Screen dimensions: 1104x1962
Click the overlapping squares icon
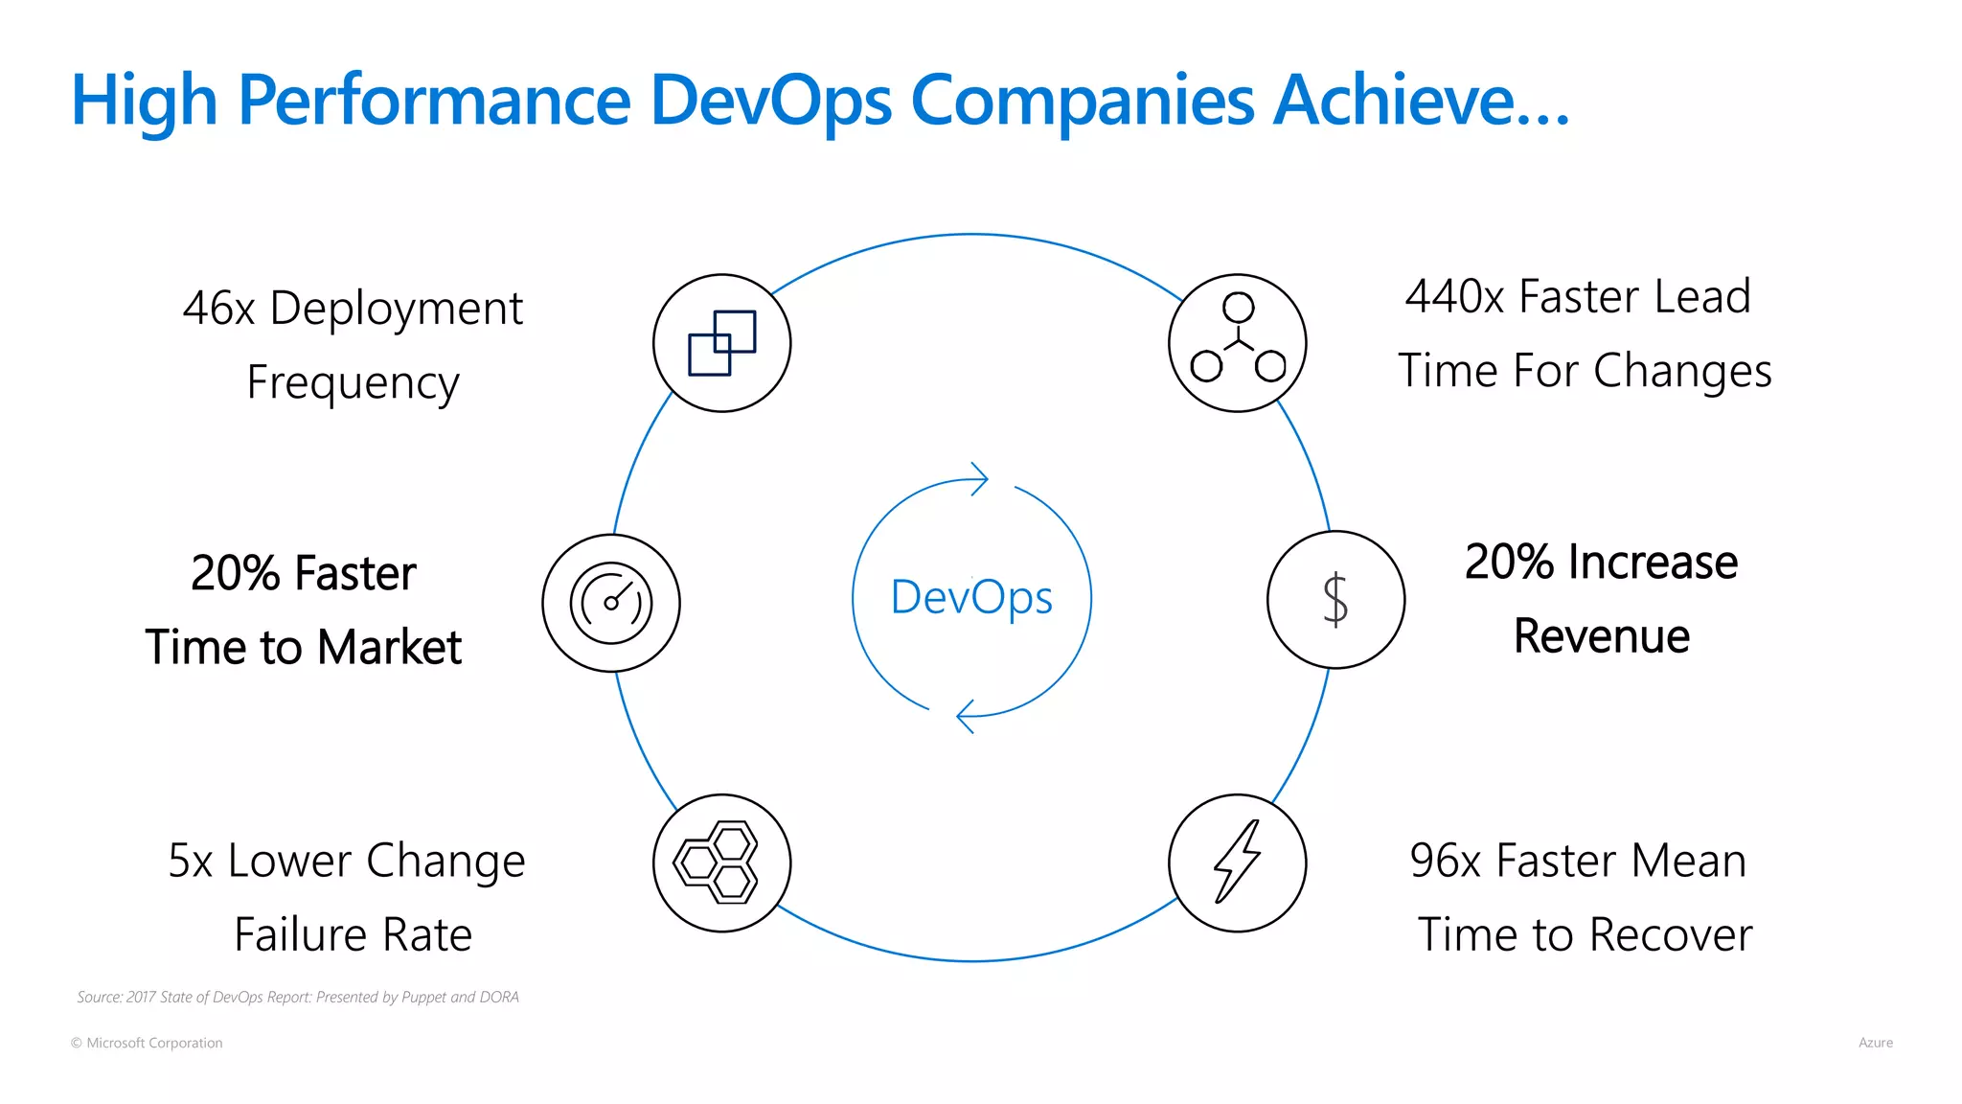[722, 343]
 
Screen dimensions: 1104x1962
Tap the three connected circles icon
[1238, 340]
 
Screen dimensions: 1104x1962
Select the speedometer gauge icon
[611, 603]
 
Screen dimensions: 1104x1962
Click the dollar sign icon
[1335, 600]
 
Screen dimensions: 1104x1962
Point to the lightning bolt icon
[1237, 862]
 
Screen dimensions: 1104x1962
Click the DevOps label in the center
[971, 597]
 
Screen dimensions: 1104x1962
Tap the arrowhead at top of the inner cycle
[979, 478]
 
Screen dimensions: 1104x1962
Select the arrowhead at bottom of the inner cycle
[966, 716]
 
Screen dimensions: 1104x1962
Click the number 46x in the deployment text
[218, 309]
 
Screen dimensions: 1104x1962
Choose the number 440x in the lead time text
[1454, 297]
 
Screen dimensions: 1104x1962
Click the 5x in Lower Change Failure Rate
[190, 861]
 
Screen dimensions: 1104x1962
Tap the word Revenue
[1602, 636]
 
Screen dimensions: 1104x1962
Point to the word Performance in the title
[434, 100]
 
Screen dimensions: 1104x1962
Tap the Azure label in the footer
[1875, 1043]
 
